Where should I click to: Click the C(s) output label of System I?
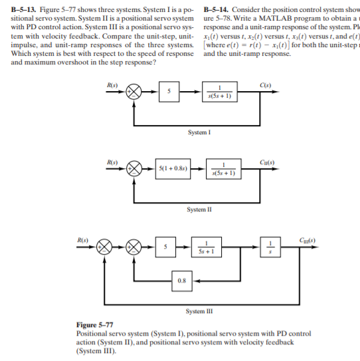pyautogui.click(x=266, y=84)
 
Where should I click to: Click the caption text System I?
pyautogui.click(x=199, y=133)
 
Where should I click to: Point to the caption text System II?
pyautogui.click(x=199, y=209)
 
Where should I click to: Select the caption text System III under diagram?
pyautogui.click(x=199, y=312)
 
